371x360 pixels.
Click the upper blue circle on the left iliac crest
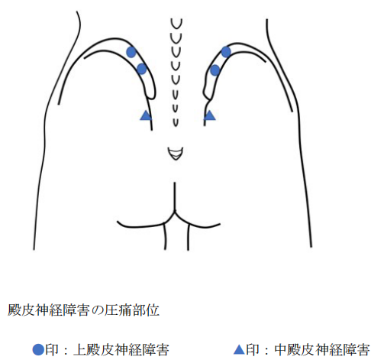[x=131, y=52]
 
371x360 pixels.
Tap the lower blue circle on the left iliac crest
[x=142, y=69]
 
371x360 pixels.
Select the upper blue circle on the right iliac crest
[x=226, y=52]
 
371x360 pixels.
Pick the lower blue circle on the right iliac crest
[x=215, y=70]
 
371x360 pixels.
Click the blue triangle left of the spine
[x=146, y=115]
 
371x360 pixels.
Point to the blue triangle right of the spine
[x=210, y=115]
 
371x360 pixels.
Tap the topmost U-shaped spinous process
[x=176, y=24]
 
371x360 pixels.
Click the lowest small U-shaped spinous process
[x=176, y=122]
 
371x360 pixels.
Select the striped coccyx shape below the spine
[x=176, y=154]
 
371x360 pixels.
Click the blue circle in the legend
[x=38, y=349]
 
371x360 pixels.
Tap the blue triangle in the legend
[x=239, y=349]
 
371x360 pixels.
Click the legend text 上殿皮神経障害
[x=121, y=350]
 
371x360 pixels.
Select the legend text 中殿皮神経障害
[x=322, y=350]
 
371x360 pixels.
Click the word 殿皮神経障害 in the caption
[x=49, y=310]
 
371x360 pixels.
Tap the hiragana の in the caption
[x=97, y=310]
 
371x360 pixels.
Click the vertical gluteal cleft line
[x=175, y=196]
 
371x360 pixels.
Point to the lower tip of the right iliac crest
[x=207, y=99]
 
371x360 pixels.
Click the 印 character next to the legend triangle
[x=253, y=350]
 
